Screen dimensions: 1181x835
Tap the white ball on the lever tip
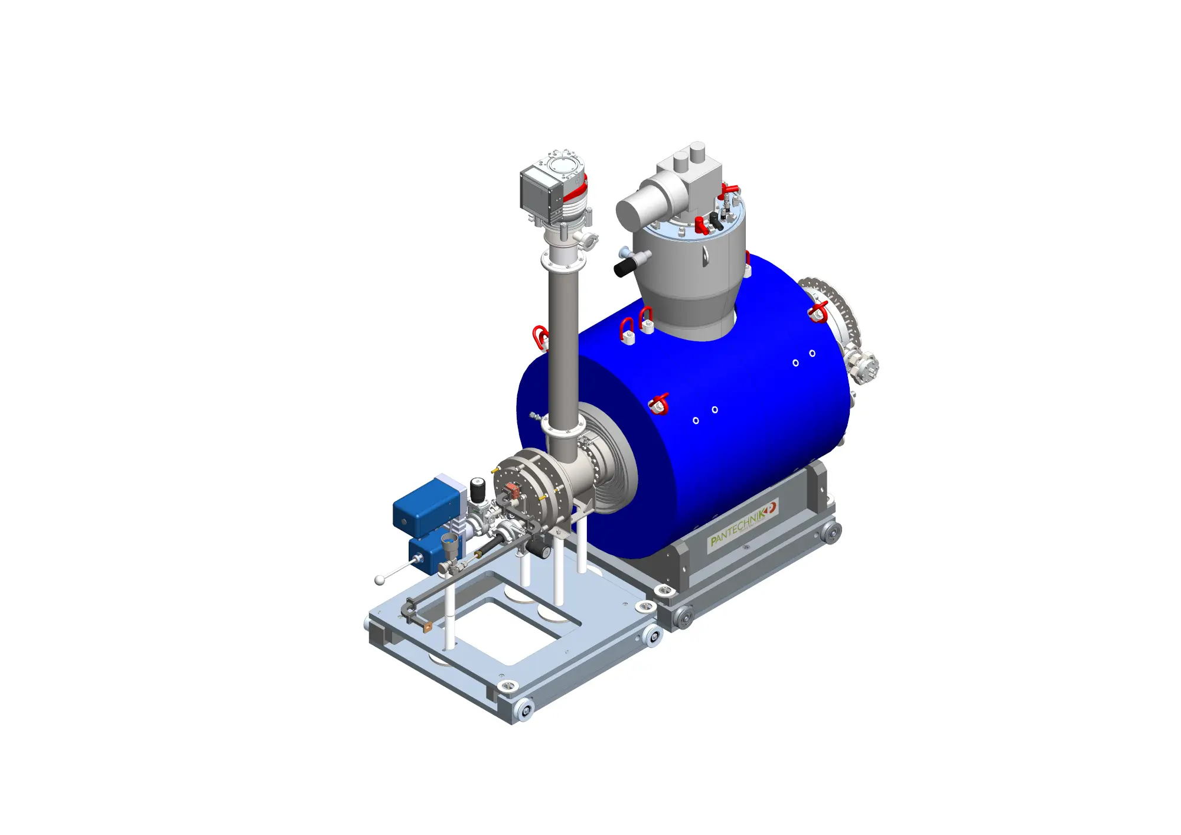[x=380, y=580]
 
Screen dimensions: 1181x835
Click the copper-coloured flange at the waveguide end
[x=428, y=627]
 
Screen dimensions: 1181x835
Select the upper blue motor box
[x=427, y=508]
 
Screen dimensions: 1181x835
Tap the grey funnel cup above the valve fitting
[x=450, y=545]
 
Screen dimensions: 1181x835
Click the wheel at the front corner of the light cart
[x=524, y=709]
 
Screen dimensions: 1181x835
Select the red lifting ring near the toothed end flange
[x=818, y=312]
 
